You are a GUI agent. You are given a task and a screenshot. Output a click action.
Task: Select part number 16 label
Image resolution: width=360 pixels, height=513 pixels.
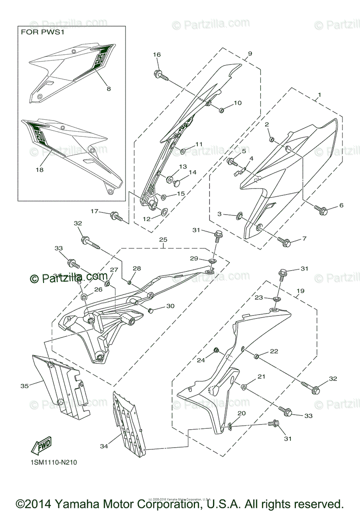point(157,55)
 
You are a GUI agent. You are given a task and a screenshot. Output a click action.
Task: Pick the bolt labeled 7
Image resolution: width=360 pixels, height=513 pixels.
point(285,241)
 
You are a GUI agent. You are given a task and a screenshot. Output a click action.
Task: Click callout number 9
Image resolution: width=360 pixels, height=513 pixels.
point(250,53)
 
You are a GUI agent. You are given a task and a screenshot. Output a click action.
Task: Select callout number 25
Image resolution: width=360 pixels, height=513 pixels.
point(163,240)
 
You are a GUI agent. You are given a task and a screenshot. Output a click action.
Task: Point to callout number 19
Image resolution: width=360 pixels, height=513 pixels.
point(301,290)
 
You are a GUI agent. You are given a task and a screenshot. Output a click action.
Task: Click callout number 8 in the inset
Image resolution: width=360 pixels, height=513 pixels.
point(109,89)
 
